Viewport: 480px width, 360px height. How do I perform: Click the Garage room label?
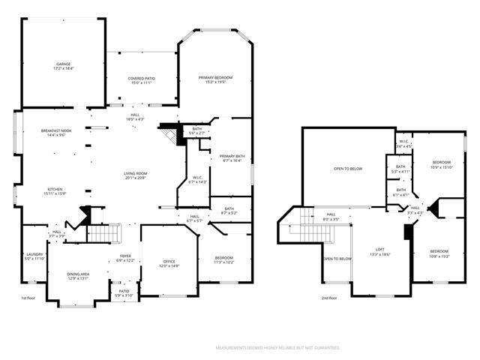(64, 66)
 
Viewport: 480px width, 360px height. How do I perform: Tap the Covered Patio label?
(140, 80)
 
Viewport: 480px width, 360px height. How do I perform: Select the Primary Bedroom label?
(215, 79)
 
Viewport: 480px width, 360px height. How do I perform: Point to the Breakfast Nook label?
(56, 133)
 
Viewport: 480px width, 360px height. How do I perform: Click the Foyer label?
(125, 258)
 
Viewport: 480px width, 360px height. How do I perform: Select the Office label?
(169, 264)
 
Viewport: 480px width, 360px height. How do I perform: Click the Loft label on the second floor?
(380, 252)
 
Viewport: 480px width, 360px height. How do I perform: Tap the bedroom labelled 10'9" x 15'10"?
(441, 164)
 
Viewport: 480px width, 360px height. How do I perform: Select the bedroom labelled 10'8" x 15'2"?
(439, 253)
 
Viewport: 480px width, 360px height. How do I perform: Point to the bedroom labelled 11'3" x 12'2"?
(225, 259)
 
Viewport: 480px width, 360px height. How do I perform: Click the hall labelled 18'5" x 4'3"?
(135, 117)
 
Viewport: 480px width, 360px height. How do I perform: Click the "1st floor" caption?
(28, 298)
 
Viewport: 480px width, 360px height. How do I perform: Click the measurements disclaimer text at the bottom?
(277, 348)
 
